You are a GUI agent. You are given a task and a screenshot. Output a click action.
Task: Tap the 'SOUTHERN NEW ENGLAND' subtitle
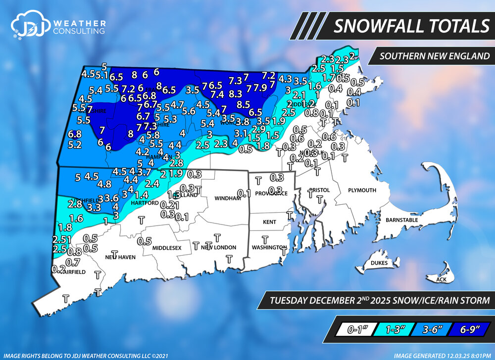431,55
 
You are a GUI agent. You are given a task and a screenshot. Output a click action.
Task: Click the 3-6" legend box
429,328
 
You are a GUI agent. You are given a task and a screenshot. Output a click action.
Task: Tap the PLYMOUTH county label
362,190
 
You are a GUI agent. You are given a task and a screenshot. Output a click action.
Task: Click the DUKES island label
379,263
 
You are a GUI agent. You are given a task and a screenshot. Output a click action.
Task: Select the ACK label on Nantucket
441,280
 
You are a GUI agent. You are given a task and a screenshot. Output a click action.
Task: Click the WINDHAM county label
227,198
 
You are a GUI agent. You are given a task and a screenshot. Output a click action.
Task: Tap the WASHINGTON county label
269,247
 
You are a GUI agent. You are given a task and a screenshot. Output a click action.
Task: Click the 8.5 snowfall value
243,104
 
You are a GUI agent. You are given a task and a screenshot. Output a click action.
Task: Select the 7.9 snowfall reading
260,88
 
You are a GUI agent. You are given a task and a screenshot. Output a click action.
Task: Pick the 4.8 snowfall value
104,184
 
